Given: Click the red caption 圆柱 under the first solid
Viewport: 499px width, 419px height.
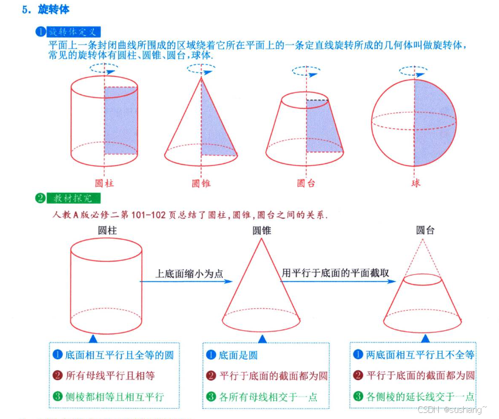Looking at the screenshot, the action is pos(105,182).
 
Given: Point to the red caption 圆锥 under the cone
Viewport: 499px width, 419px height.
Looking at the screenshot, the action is pos(201,182).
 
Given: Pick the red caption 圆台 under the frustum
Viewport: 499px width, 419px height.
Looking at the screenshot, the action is pos(306,182).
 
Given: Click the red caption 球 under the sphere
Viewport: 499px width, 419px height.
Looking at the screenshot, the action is pos(415,182).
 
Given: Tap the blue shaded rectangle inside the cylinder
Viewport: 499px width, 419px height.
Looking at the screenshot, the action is pos(120,120).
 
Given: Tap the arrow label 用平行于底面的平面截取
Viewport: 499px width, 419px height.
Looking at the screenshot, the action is pos(335,273).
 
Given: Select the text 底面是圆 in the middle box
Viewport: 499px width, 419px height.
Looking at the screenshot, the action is pos(238,355).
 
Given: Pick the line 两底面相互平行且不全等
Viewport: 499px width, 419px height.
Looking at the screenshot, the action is pos(419,355).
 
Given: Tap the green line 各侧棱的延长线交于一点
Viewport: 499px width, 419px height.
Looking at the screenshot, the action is pos(419,396).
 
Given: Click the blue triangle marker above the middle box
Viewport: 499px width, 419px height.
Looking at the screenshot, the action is pos(262,338).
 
